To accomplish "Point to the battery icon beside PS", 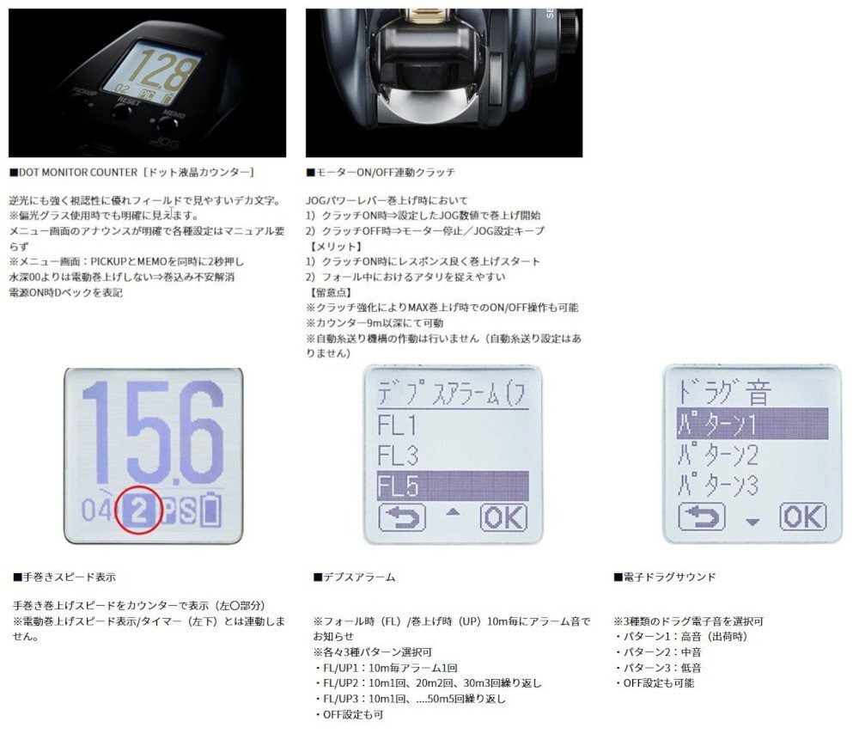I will coord(210,512).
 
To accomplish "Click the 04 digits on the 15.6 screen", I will coord(96,512).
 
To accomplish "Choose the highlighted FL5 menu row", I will coord(452,486).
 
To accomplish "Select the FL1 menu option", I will coord(398,425).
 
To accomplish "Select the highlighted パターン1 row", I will coord(752,424).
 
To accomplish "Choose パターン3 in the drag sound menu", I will coord(719,486).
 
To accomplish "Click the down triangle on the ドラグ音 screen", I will coord(752,520).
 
